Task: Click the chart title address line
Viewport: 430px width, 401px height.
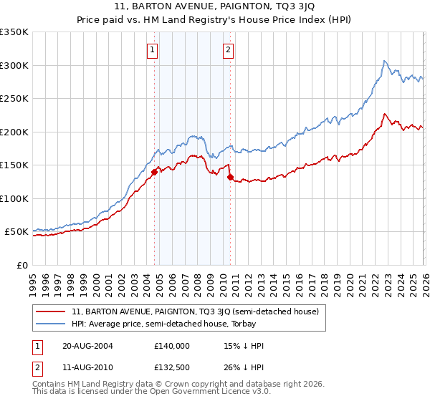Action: (215, 8)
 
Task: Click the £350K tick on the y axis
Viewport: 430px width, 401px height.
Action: (14, 32)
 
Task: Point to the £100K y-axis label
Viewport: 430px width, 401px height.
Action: (14, 198)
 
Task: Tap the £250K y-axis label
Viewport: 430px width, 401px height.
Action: (14, 99)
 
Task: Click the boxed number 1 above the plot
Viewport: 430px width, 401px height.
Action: (154, 50)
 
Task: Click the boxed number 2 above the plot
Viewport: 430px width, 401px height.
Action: (228, 50)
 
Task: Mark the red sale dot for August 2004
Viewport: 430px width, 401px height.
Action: (154, 172)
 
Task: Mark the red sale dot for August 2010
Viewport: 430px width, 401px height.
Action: (230, 177)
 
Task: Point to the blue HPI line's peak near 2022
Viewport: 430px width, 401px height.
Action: (385, 61)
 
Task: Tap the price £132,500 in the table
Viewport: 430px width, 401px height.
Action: (171, 367)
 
